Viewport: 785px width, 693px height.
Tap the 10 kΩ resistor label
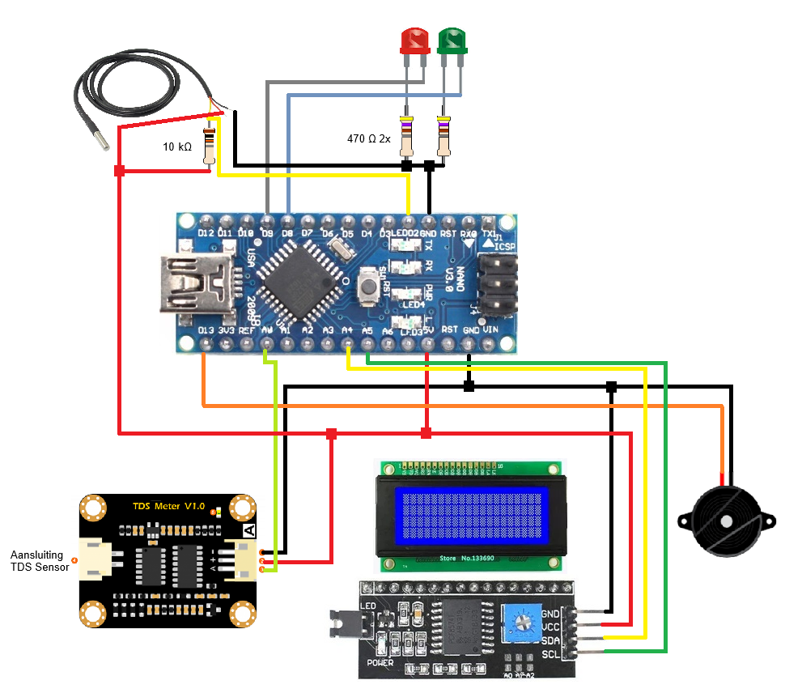(x=177, y=147)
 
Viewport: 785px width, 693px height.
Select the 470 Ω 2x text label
(x=369, y=139)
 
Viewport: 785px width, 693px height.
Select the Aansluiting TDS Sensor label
(x=39, y=561)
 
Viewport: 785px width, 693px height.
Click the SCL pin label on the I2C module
(x=550, y=654)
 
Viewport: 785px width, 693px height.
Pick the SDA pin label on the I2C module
(x=550, y=640)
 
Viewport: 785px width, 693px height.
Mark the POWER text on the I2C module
(x=380, y=662)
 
